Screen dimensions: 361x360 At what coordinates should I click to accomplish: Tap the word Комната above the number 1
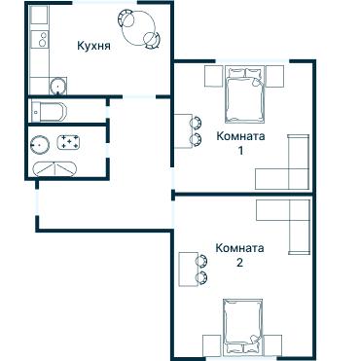(x=239, y=137)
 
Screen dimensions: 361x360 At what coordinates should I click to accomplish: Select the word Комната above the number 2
(x=239, y=248)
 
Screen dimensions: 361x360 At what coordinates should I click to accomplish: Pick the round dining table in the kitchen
(x=135, y=23)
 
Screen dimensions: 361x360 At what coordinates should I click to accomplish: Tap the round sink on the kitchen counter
(x=41, y=84)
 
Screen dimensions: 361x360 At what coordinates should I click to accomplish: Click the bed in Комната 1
(x=239, y=93)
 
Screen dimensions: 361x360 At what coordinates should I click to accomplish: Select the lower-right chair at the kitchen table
(x=152, y=40)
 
